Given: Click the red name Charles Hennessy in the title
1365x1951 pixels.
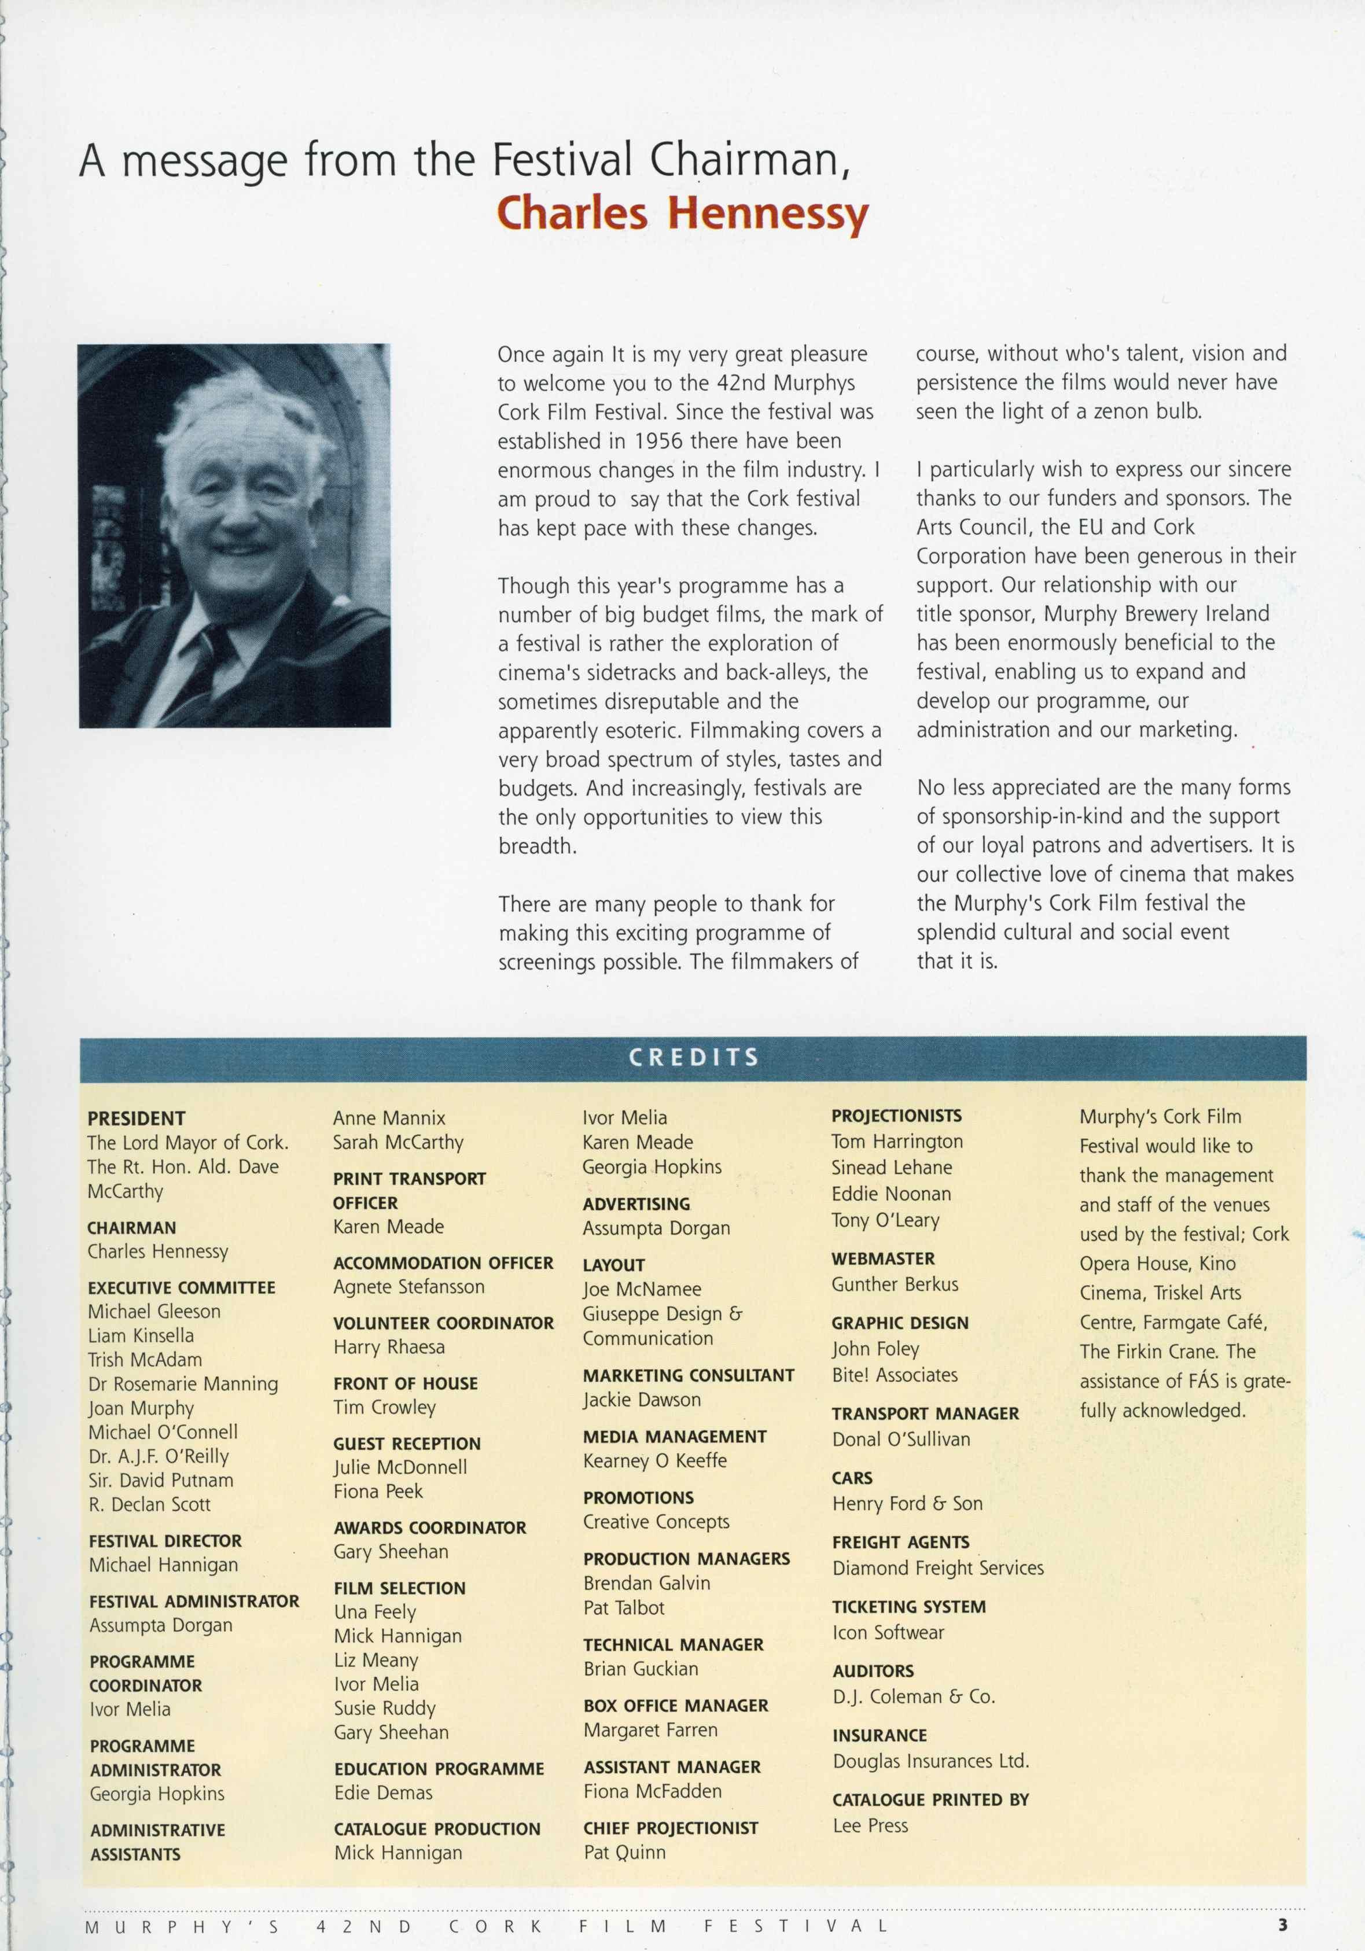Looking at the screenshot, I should [x=682, y=213].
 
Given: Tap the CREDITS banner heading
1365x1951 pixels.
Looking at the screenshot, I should [x=693, y=1057].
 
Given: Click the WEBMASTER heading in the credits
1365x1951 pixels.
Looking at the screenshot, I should [x=883, y=1258].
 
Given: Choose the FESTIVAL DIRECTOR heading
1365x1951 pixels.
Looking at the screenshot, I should [x=165, y=1541].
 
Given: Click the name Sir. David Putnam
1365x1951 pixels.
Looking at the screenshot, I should [x=161, y=1479].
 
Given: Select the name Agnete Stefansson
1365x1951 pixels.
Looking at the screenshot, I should [x=409, y=1287].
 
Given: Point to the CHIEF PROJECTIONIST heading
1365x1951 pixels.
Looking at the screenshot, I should [x=671, y=1828].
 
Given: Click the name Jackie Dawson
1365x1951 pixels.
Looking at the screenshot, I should [x=642, y=1400].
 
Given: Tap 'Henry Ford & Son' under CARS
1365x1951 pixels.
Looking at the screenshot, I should [x=907, y=1503].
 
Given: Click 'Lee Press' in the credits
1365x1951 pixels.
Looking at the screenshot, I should [x=870, y=1825].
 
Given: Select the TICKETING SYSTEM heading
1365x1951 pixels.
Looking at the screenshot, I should [x=908, y=1606].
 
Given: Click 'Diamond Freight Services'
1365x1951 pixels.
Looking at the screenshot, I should [x=937, y=1568].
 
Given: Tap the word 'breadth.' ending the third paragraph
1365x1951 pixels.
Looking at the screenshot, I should [x=537, y=846].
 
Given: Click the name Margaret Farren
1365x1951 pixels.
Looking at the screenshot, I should [x=650, y=1729].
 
